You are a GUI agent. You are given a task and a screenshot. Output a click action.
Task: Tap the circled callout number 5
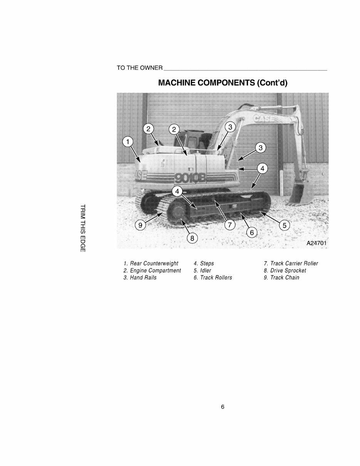(x=284, y=225)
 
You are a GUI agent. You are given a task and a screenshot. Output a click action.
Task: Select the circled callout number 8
(x=191, y=238)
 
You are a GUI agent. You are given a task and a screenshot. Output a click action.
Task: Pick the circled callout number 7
(x=229, y=225)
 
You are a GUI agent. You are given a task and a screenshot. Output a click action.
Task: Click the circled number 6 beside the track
(x=252, y=233)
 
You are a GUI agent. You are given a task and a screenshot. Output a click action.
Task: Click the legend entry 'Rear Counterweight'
(x=151, y=263)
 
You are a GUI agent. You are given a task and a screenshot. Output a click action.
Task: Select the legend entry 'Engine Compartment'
(x=152, y=270)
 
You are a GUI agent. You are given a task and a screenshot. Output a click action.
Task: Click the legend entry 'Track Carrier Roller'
(x=291, y=263)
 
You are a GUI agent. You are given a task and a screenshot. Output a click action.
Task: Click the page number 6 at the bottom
(x=223, y=407)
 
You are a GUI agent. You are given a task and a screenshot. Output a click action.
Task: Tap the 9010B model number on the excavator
(x=190, y=178)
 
